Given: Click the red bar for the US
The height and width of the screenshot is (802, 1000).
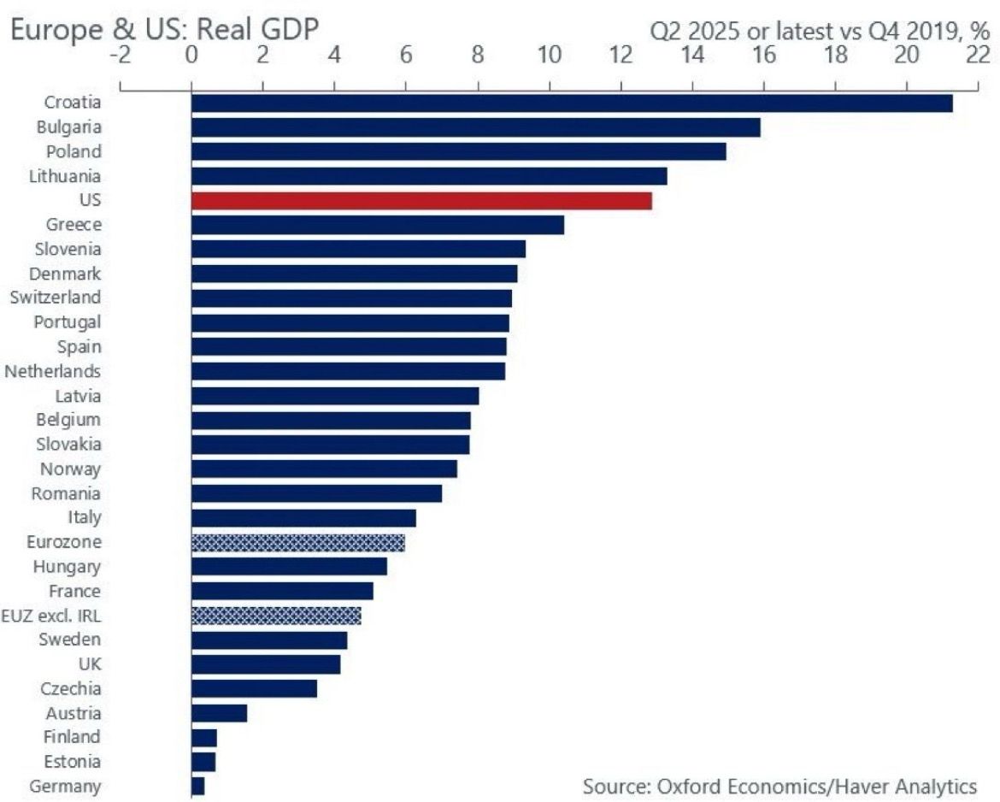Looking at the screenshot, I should tap(421, 201).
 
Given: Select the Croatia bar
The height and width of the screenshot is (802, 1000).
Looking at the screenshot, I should tap(571, 103).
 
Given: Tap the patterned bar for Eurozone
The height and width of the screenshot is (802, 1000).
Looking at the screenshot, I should tap(297, 542).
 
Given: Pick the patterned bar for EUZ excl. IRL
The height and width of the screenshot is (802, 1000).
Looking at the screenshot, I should tap(276, 616).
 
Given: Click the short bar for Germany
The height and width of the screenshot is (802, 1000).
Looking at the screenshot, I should tap(197, 786).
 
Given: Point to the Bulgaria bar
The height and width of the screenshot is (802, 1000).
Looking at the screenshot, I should tap(475, 127).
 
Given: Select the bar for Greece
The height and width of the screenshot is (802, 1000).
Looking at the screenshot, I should tap(377, 225).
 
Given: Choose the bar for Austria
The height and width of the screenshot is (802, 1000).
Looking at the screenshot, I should tap(219, 713).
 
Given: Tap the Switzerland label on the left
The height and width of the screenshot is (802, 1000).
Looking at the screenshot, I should tap(56, 298).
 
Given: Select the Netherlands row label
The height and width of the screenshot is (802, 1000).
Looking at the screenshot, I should tap(53, 371).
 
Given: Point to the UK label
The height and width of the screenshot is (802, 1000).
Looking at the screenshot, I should tap(86, 663).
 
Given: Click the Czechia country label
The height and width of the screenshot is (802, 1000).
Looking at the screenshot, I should tap(71, 688).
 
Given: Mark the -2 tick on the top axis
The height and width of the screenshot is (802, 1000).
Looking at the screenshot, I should tap(121, 55).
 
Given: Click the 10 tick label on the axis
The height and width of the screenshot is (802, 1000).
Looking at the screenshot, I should tap(549, 55).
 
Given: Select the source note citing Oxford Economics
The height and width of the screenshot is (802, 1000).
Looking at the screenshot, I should tap(779, 785).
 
